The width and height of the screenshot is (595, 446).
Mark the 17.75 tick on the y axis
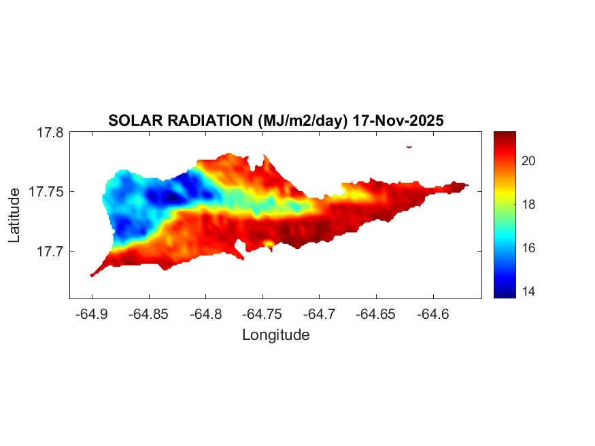[46, 192]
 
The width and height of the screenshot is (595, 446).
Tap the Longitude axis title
[275, 334]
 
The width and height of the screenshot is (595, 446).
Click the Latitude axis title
[15, 216]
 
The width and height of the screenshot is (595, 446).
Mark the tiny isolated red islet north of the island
[409, 146]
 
